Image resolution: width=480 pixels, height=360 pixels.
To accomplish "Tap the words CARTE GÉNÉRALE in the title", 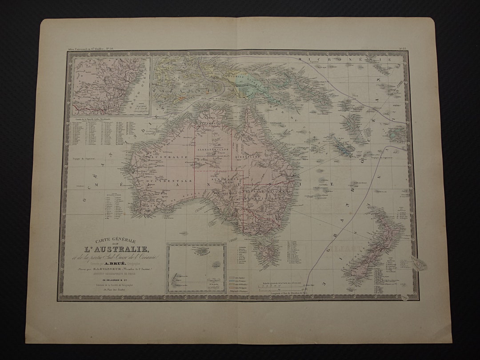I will point(107,240).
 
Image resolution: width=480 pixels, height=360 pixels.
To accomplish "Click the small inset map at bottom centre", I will point(196,268).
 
